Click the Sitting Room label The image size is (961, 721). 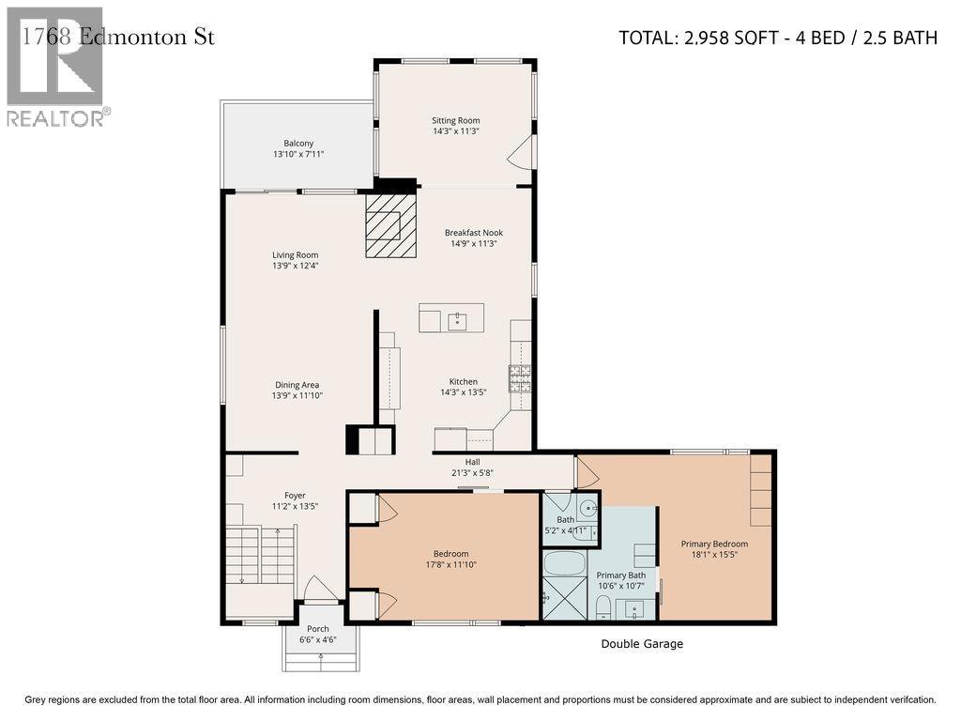455,120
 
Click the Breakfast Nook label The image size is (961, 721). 473,232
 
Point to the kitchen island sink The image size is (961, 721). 458,321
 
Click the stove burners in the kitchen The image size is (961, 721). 520,378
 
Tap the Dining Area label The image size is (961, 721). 297,385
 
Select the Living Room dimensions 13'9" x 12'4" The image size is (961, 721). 296,266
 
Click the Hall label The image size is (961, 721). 473,462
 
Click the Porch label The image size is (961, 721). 318,629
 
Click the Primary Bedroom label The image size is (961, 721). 714,544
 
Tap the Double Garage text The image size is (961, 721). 642,644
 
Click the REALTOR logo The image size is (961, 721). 56,66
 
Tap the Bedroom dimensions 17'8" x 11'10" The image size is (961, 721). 445,564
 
